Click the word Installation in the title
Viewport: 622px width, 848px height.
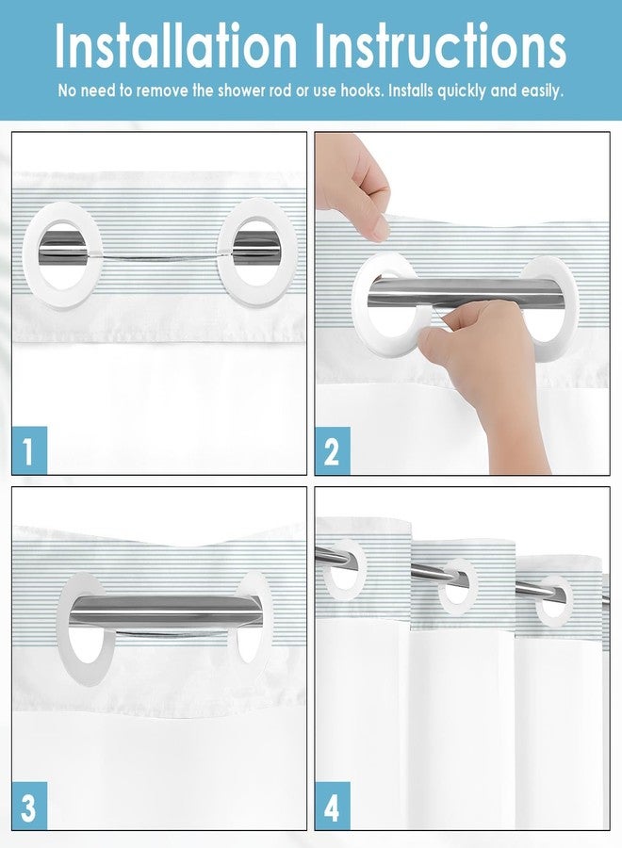point(176,45)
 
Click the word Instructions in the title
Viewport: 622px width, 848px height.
point(440,45)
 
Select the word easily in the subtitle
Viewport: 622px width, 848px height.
point(541,90)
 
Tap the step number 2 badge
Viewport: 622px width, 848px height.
point(333,450)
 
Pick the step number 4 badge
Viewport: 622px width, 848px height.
point(333,806)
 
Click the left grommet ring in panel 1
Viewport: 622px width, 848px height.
point(32,254)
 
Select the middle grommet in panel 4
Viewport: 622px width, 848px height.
point(458,587)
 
